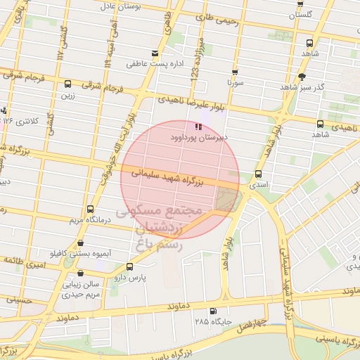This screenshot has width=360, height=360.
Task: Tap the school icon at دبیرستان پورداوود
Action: (x=199, y=127)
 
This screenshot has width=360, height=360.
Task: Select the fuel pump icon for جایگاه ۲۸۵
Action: (x=213, y=311)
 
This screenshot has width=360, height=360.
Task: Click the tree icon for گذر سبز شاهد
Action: (x=302, y=76)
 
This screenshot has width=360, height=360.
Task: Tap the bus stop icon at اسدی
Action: (x=258, y=174)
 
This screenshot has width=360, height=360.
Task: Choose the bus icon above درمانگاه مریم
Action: (x=90, y=209)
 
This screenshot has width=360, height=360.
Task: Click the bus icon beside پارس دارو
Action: (x=129, y=266)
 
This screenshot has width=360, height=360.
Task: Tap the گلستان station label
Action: (x=301, y=14)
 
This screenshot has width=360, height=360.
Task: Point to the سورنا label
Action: (x=234, y=82)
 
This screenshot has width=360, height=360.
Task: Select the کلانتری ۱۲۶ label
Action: (x=19, y=120)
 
